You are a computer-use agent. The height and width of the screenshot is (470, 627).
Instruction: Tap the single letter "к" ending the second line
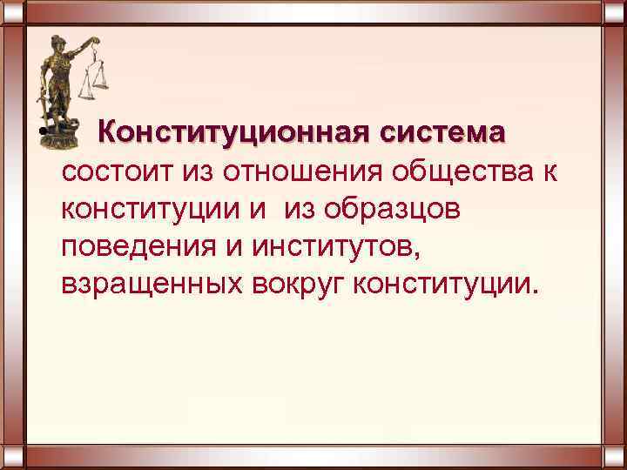click(549, 172)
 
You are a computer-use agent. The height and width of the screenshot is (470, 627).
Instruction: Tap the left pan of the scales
click(86, 91)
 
